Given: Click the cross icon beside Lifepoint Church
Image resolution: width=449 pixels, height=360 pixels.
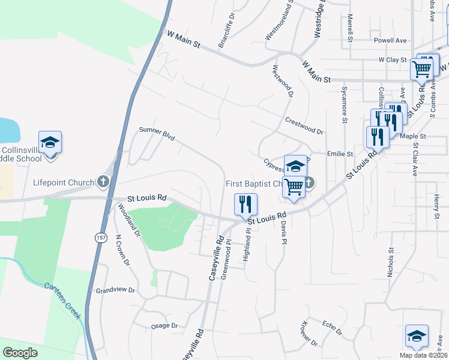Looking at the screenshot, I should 103,181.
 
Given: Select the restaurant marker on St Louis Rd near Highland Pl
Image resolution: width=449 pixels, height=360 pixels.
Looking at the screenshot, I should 246,204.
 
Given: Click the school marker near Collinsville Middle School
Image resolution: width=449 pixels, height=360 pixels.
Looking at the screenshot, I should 50,143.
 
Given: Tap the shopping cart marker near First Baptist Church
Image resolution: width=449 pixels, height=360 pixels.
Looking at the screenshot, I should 294,187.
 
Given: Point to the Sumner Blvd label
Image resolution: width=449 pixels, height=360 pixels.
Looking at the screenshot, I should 156,133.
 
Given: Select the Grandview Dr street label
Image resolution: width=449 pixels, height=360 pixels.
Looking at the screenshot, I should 115,290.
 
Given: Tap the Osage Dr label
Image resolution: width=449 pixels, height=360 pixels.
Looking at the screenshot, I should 164,326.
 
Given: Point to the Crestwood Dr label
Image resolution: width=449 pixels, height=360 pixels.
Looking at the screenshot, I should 304,125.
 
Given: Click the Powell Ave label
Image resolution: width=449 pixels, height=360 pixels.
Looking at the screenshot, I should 390,41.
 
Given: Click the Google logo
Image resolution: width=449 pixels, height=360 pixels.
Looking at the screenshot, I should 20,353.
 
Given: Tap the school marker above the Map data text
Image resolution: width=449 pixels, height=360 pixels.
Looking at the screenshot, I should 417,337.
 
